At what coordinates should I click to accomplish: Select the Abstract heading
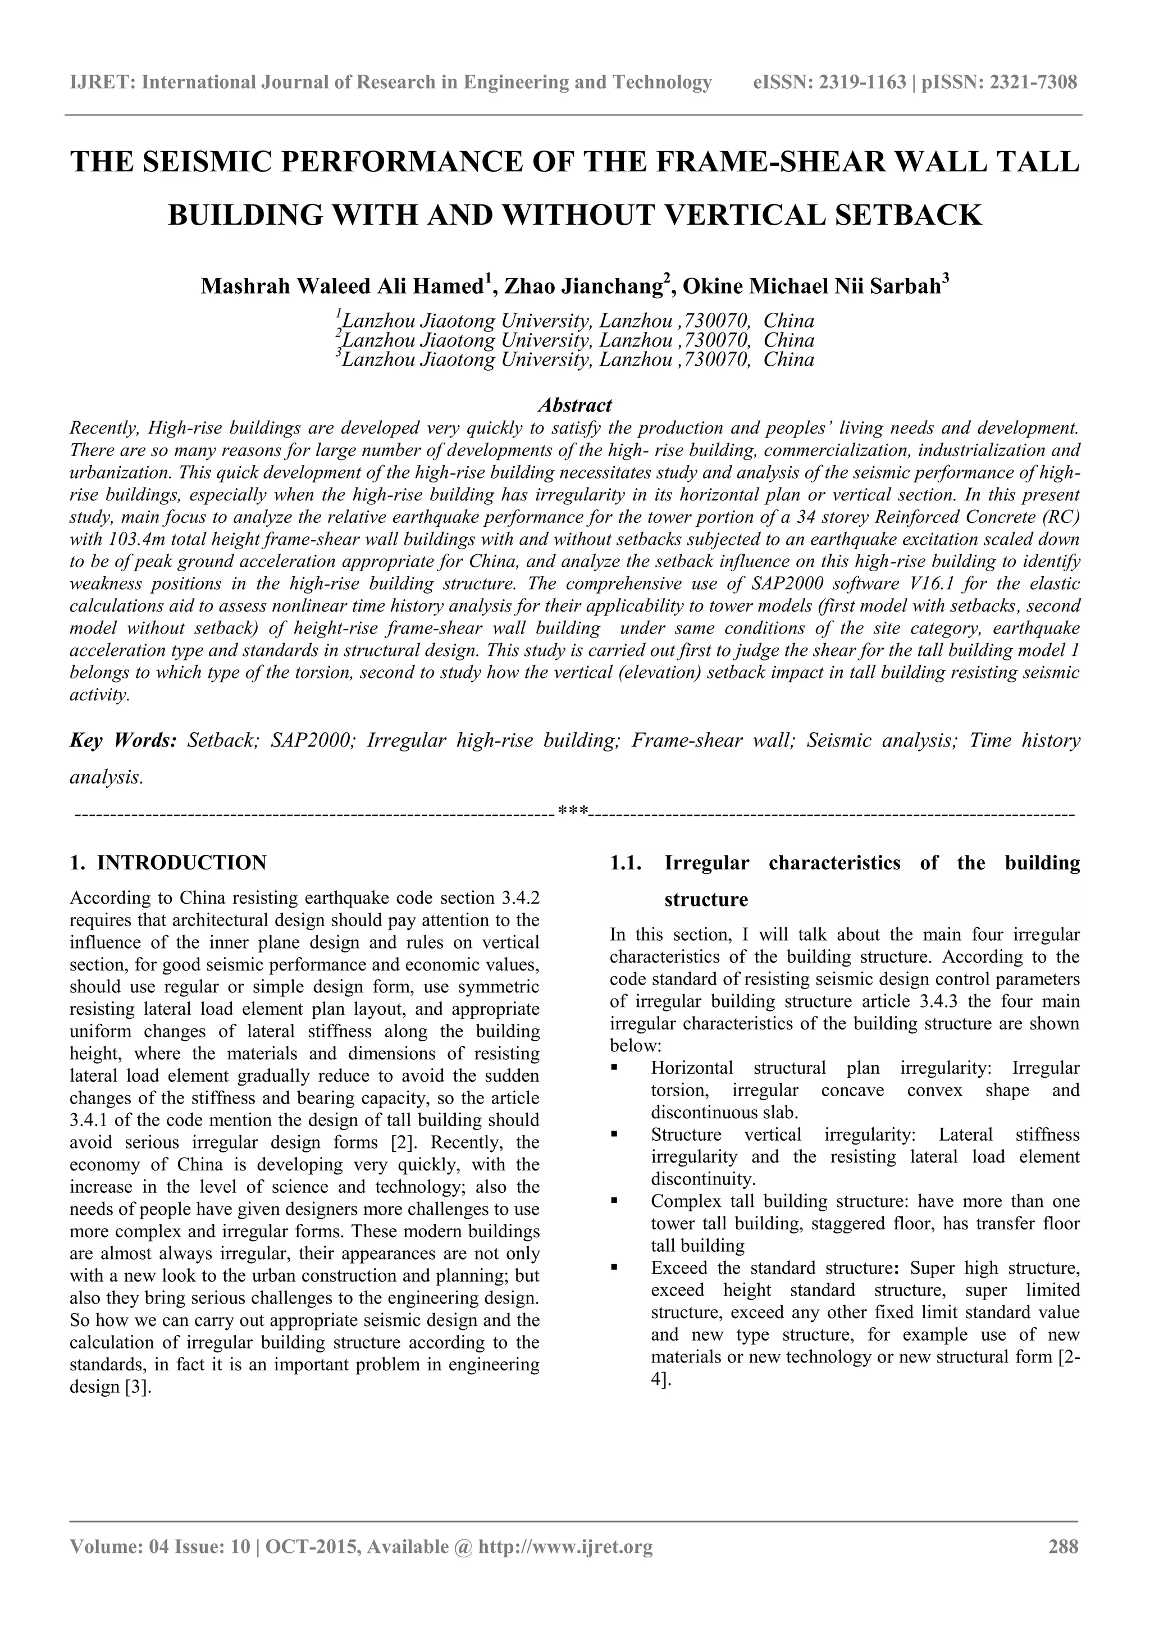[x=574, y=405]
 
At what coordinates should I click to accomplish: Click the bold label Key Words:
[x=122, y=741]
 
